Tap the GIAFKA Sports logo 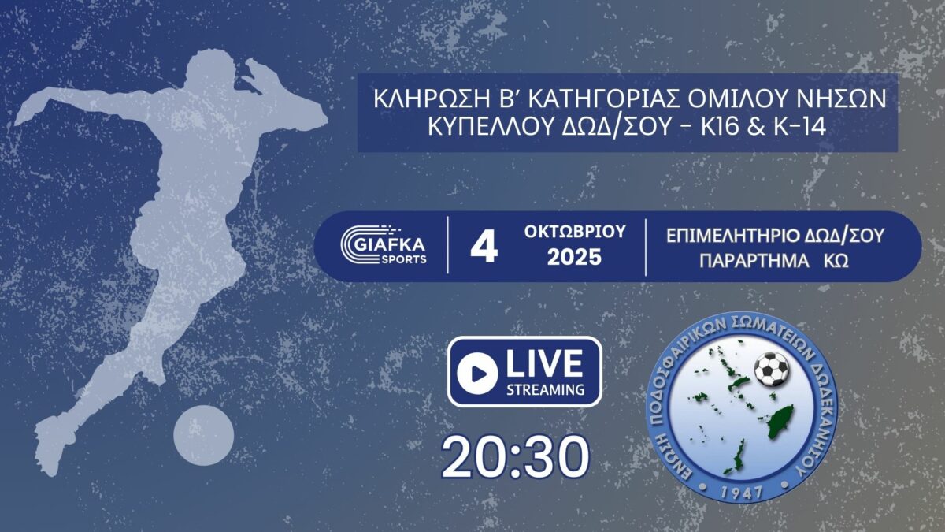point(384,245)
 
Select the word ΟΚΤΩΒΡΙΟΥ point(575,232)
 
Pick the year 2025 point(574,257)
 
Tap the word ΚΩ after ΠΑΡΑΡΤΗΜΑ point(836,261)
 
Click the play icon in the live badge point(477,374)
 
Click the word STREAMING point(545,389)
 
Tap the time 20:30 point(515,457)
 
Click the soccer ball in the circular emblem point(771,369)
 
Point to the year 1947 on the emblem point(741,492)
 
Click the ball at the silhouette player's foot point(204,435)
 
